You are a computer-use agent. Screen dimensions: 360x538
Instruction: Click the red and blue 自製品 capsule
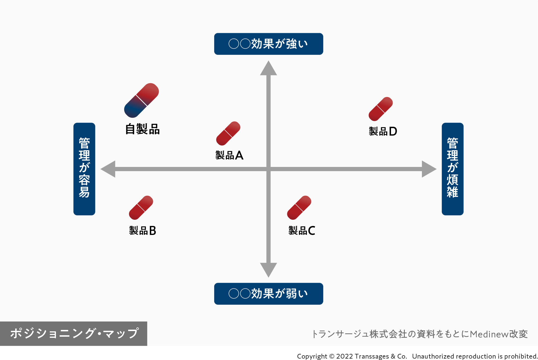coord(141,100)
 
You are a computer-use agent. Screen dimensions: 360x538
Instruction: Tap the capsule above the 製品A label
coord(228,133)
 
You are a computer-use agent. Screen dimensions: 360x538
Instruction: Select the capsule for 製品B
coord(141,208)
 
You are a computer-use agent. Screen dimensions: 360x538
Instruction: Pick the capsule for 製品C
coord(299,208)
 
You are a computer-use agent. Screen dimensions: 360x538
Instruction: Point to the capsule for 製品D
coord(381,109)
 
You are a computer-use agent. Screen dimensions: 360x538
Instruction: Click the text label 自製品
coord(143,129)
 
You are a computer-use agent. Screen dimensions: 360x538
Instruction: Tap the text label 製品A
coord(229,155)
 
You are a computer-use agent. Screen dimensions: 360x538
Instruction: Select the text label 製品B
coord(143,231)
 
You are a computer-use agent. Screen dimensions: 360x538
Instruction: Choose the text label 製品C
coord(302,231)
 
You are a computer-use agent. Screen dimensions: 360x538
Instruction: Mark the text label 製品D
coord(383,131)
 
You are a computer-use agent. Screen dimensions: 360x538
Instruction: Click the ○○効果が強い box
coord(268,44)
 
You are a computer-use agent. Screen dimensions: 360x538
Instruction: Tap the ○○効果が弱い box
coord(268,294)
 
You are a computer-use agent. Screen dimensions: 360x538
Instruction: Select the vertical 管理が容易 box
coord(84,169)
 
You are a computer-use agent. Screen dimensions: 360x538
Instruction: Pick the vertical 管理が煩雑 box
coord(453,169)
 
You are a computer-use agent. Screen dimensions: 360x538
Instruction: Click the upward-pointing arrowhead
coord(268,69)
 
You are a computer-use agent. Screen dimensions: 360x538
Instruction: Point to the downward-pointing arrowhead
coord(268,269)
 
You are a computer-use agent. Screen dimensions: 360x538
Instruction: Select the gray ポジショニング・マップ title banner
coord(74,334)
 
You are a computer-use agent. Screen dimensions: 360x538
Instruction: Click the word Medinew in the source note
coord(489,334)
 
